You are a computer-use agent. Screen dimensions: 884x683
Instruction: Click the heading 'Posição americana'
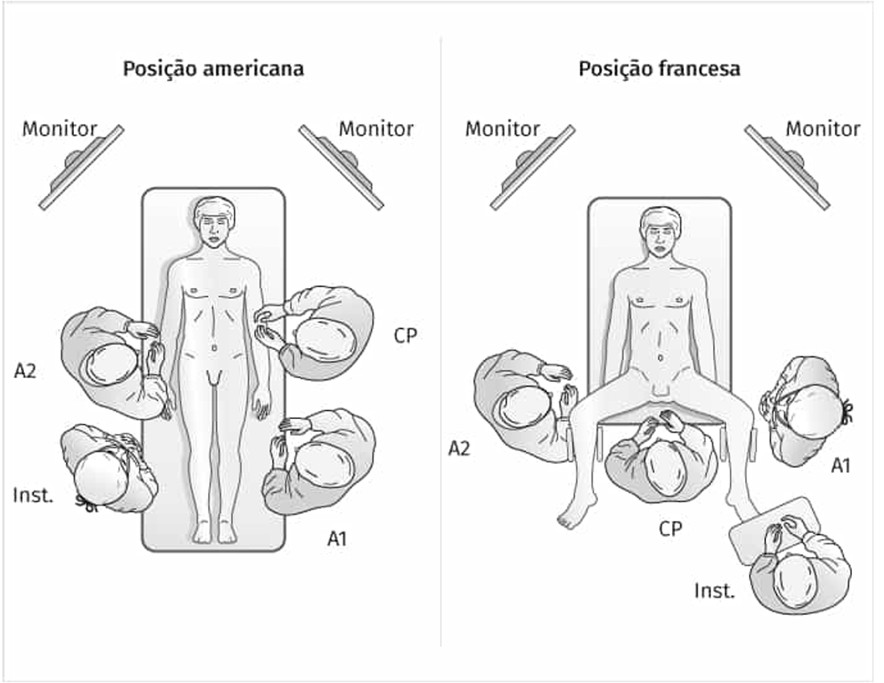[x=213, y=69]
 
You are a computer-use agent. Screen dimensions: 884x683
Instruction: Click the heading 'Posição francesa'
[x=659, y=69]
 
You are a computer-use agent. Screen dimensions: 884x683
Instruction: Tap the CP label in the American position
[x=405, y=335]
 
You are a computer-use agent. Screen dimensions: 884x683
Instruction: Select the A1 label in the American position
[x=337, y=539]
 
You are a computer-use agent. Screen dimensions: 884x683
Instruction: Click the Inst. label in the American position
[x=33, y=495]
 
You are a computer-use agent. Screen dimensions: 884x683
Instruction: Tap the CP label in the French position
[x=670, y=529]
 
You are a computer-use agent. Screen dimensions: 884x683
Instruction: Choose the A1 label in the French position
[x=841, y=465]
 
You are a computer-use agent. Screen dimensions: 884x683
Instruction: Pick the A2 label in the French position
[x=458, y=449]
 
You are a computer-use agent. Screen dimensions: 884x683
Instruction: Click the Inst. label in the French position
[x=715, y=592]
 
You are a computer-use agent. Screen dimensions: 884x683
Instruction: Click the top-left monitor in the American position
[x=80, y=167]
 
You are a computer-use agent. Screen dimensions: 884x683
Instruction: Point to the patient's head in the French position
[x=659, y=231]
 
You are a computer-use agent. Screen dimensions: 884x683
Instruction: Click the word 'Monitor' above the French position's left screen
[x=503, y=128]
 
